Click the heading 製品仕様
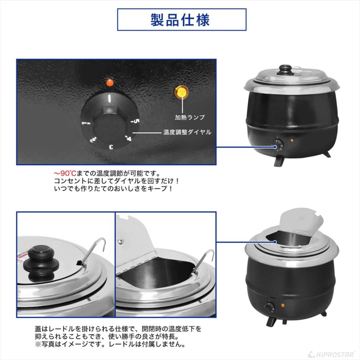coord(180,20)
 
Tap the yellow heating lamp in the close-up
coord(182,92)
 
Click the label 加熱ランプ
coord(190,117)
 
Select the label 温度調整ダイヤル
coord(188,132)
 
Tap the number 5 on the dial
coord(136,121)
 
